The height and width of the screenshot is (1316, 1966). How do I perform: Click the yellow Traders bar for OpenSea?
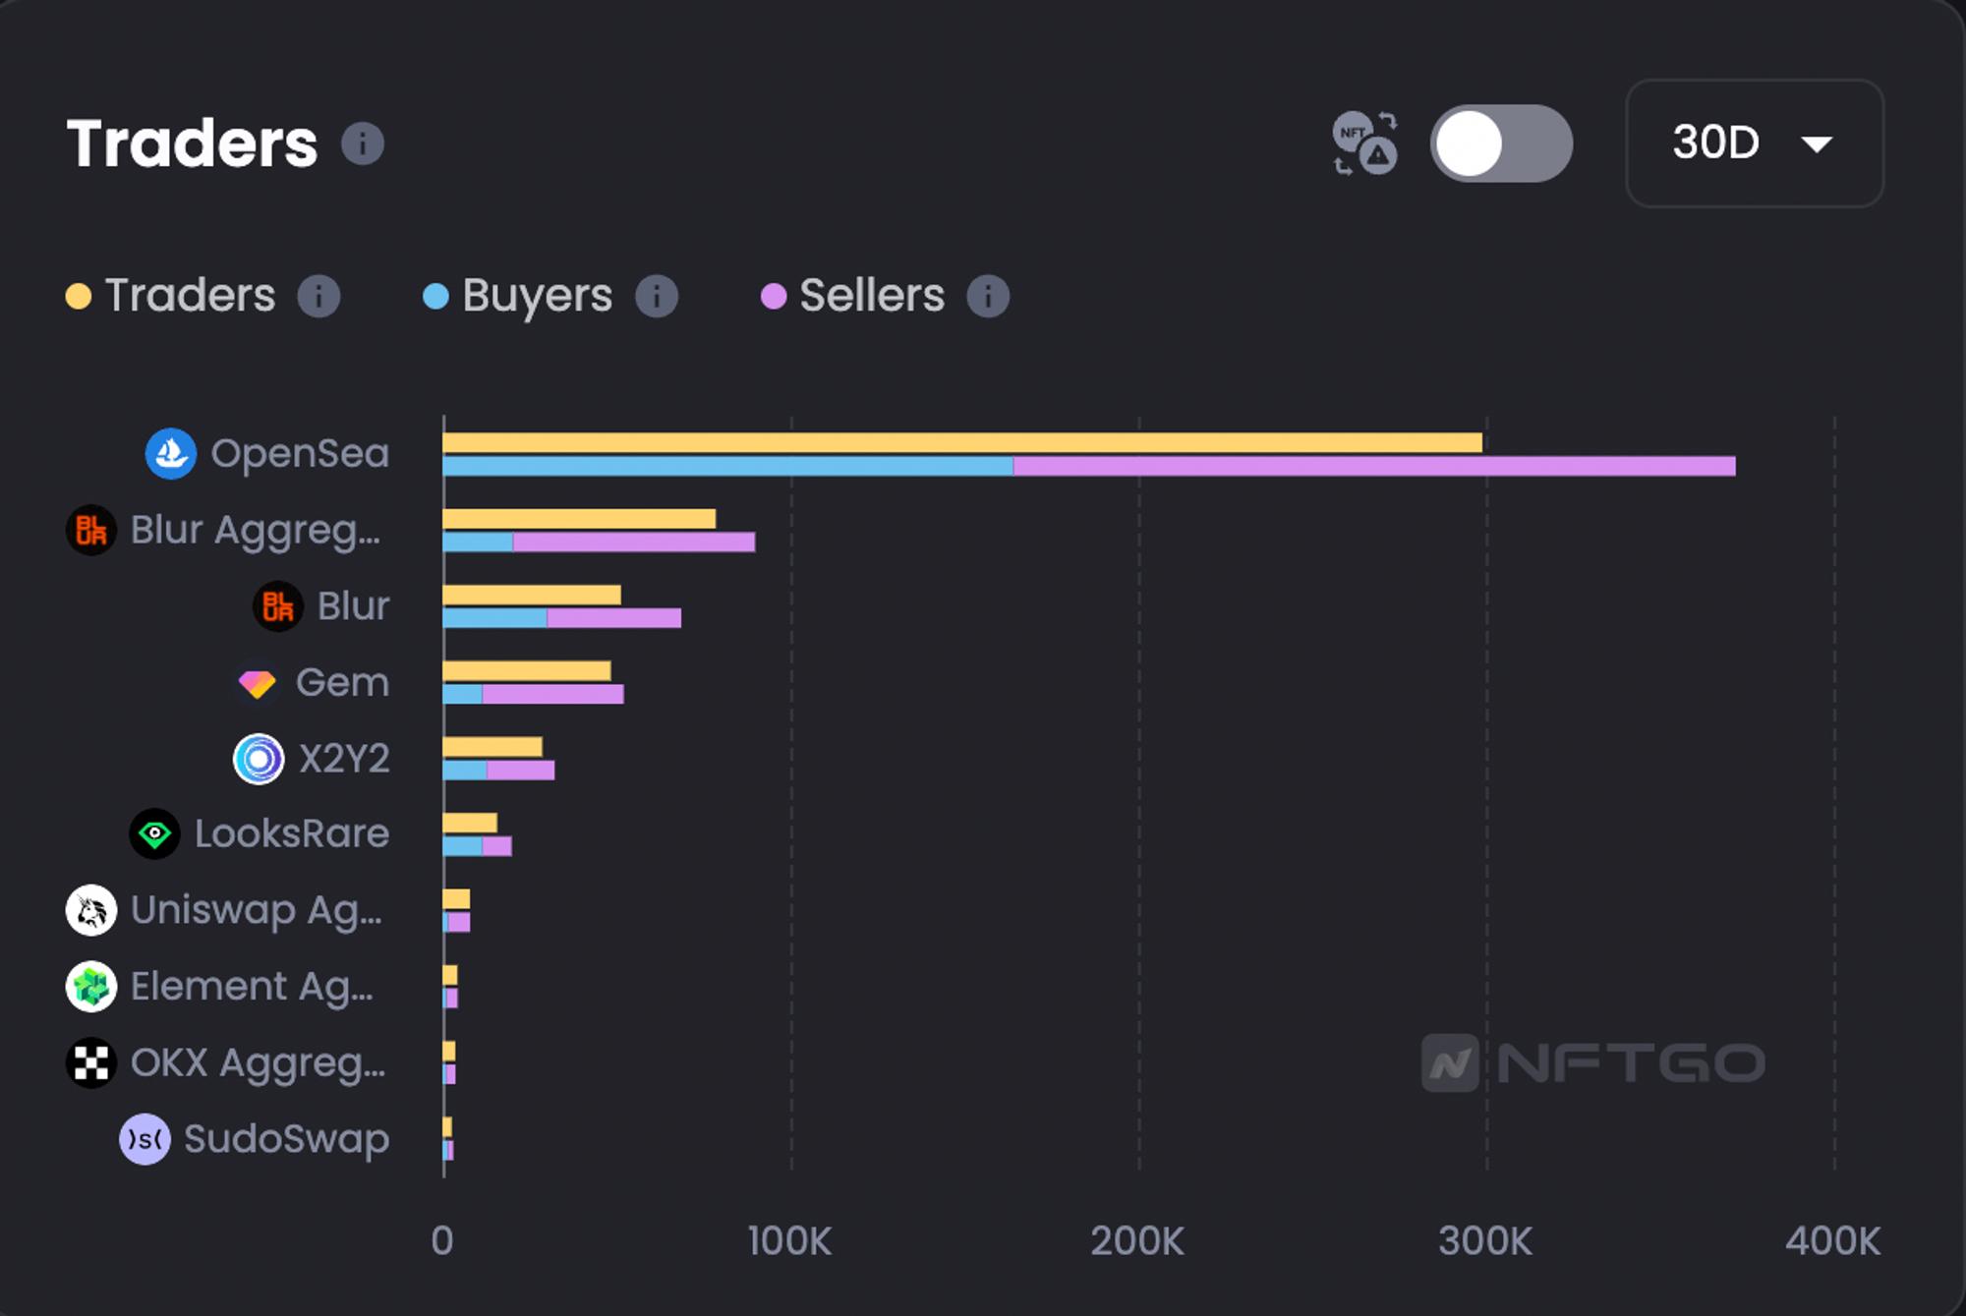961,443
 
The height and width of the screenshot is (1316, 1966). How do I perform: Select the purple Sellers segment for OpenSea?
1373,466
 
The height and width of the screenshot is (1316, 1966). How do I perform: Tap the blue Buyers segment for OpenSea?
727,466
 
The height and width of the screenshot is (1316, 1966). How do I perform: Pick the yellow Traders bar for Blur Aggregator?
579,519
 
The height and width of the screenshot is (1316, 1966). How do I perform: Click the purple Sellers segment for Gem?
552,694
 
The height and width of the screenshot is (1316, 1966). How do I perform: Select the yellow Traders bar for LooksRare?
470,823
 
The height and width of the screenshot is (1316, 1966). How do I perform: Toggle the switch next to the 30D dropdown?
1500,143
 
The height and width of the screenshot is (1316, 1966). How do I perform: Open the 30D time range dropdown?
1754,143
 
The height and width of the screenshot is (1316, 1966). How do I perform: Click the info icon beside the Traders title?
362,143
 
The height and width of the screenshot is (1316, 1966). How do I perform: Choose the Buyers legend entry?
536,296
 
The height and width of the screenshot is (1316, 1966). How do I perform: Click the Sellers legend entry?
871,296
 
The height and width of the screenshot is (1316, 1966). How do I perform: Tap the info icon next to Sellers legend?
988,296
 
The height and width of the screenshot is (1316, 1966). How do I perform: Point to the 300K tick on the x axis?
1484,1241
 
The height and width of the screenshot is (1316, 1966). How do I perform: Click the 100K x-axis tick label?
789,1241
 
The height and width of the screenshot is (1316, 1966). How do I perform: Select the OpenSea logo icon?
171,454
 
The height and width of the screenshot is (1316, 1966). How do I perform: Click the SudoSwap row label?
286,1139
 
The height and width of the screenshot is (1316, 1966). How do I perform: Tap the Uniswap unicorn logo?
91,910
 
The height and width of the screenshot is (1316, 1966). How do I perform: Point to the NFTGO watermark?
1592,1062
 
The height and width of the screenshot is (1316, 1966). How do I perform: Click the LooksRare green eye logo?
154,834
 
